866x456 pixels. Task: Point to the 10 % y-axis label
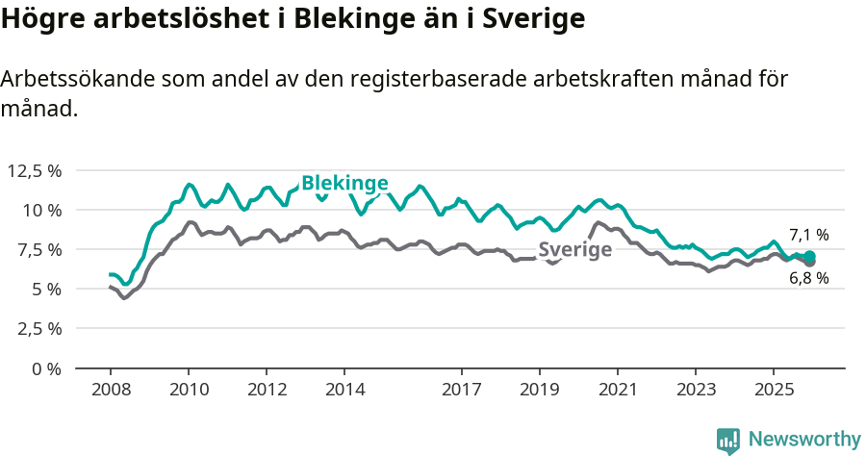click(41, 210)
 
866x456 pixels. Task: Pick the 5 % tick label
click(45, 289)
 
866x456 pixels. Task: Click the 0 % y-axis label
click(45, 367)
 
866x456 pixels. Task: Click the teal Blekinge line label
click(344, 183)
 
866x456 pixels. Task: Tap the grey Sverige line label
click(575, 250)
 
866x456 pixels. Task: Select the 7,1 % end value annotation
click(808, 235)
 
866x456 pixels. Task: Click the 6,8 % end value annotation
click(808, 279)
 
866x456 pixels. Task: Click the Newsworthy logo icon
click(728, 441)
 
